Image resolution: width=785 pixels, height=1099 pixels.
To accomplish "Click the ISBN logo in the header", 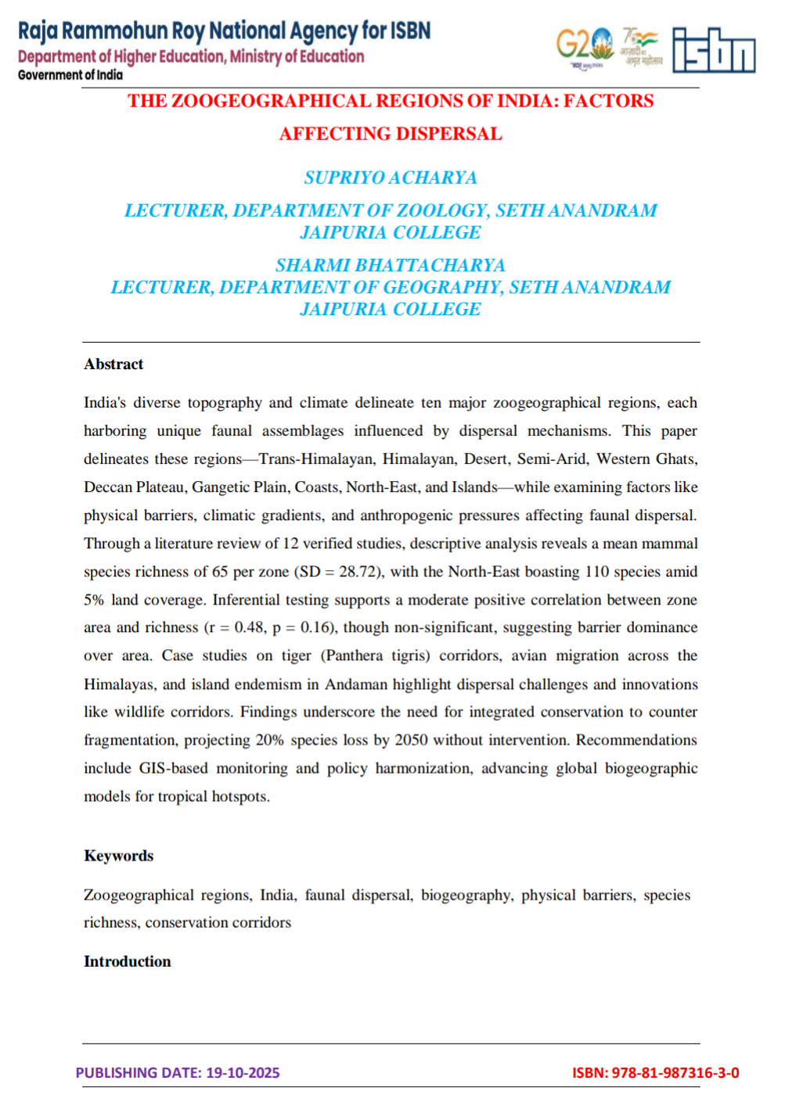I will pos(714,51).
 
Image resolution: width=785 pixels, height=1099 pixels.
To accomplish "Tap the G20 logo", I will pos(584,46).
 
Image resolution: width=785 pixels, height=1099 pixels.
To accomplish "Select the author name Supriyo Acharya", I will pos(391,178).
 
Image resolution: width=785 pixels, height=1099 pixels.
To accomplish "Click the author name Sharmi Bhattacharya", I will pos(391,266).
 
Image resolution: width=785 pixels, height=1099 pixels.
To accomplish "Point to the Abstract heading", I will pos(113,365).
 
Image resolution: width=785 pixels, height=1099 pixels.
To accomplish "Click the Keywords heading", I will pos(118,856).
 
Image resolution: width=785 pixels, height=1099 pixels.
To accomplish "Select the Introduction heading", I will pos(127,961).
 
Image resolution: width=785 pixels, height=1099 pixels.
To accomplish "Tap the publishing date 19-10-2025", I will pos(243,1073).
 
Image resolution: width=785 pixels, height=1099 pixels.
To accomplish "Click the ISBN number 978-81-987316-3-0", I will pos(675,1073).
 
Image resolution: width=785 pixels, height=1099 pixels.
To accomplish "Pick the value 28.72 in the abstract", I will pos(358,572).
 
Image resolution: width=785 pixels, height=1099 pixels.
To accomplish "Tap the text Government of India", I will pos(70,75).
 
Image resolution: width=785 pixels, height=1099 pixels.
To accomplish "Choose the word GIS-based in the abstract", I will pos(173,768).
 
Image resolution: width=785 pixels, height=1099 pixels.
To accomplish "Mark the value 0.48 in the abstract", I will pos(250,627).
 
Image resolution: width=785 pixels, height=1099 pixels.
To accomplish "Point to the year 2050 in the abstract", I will pos(412,740).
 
